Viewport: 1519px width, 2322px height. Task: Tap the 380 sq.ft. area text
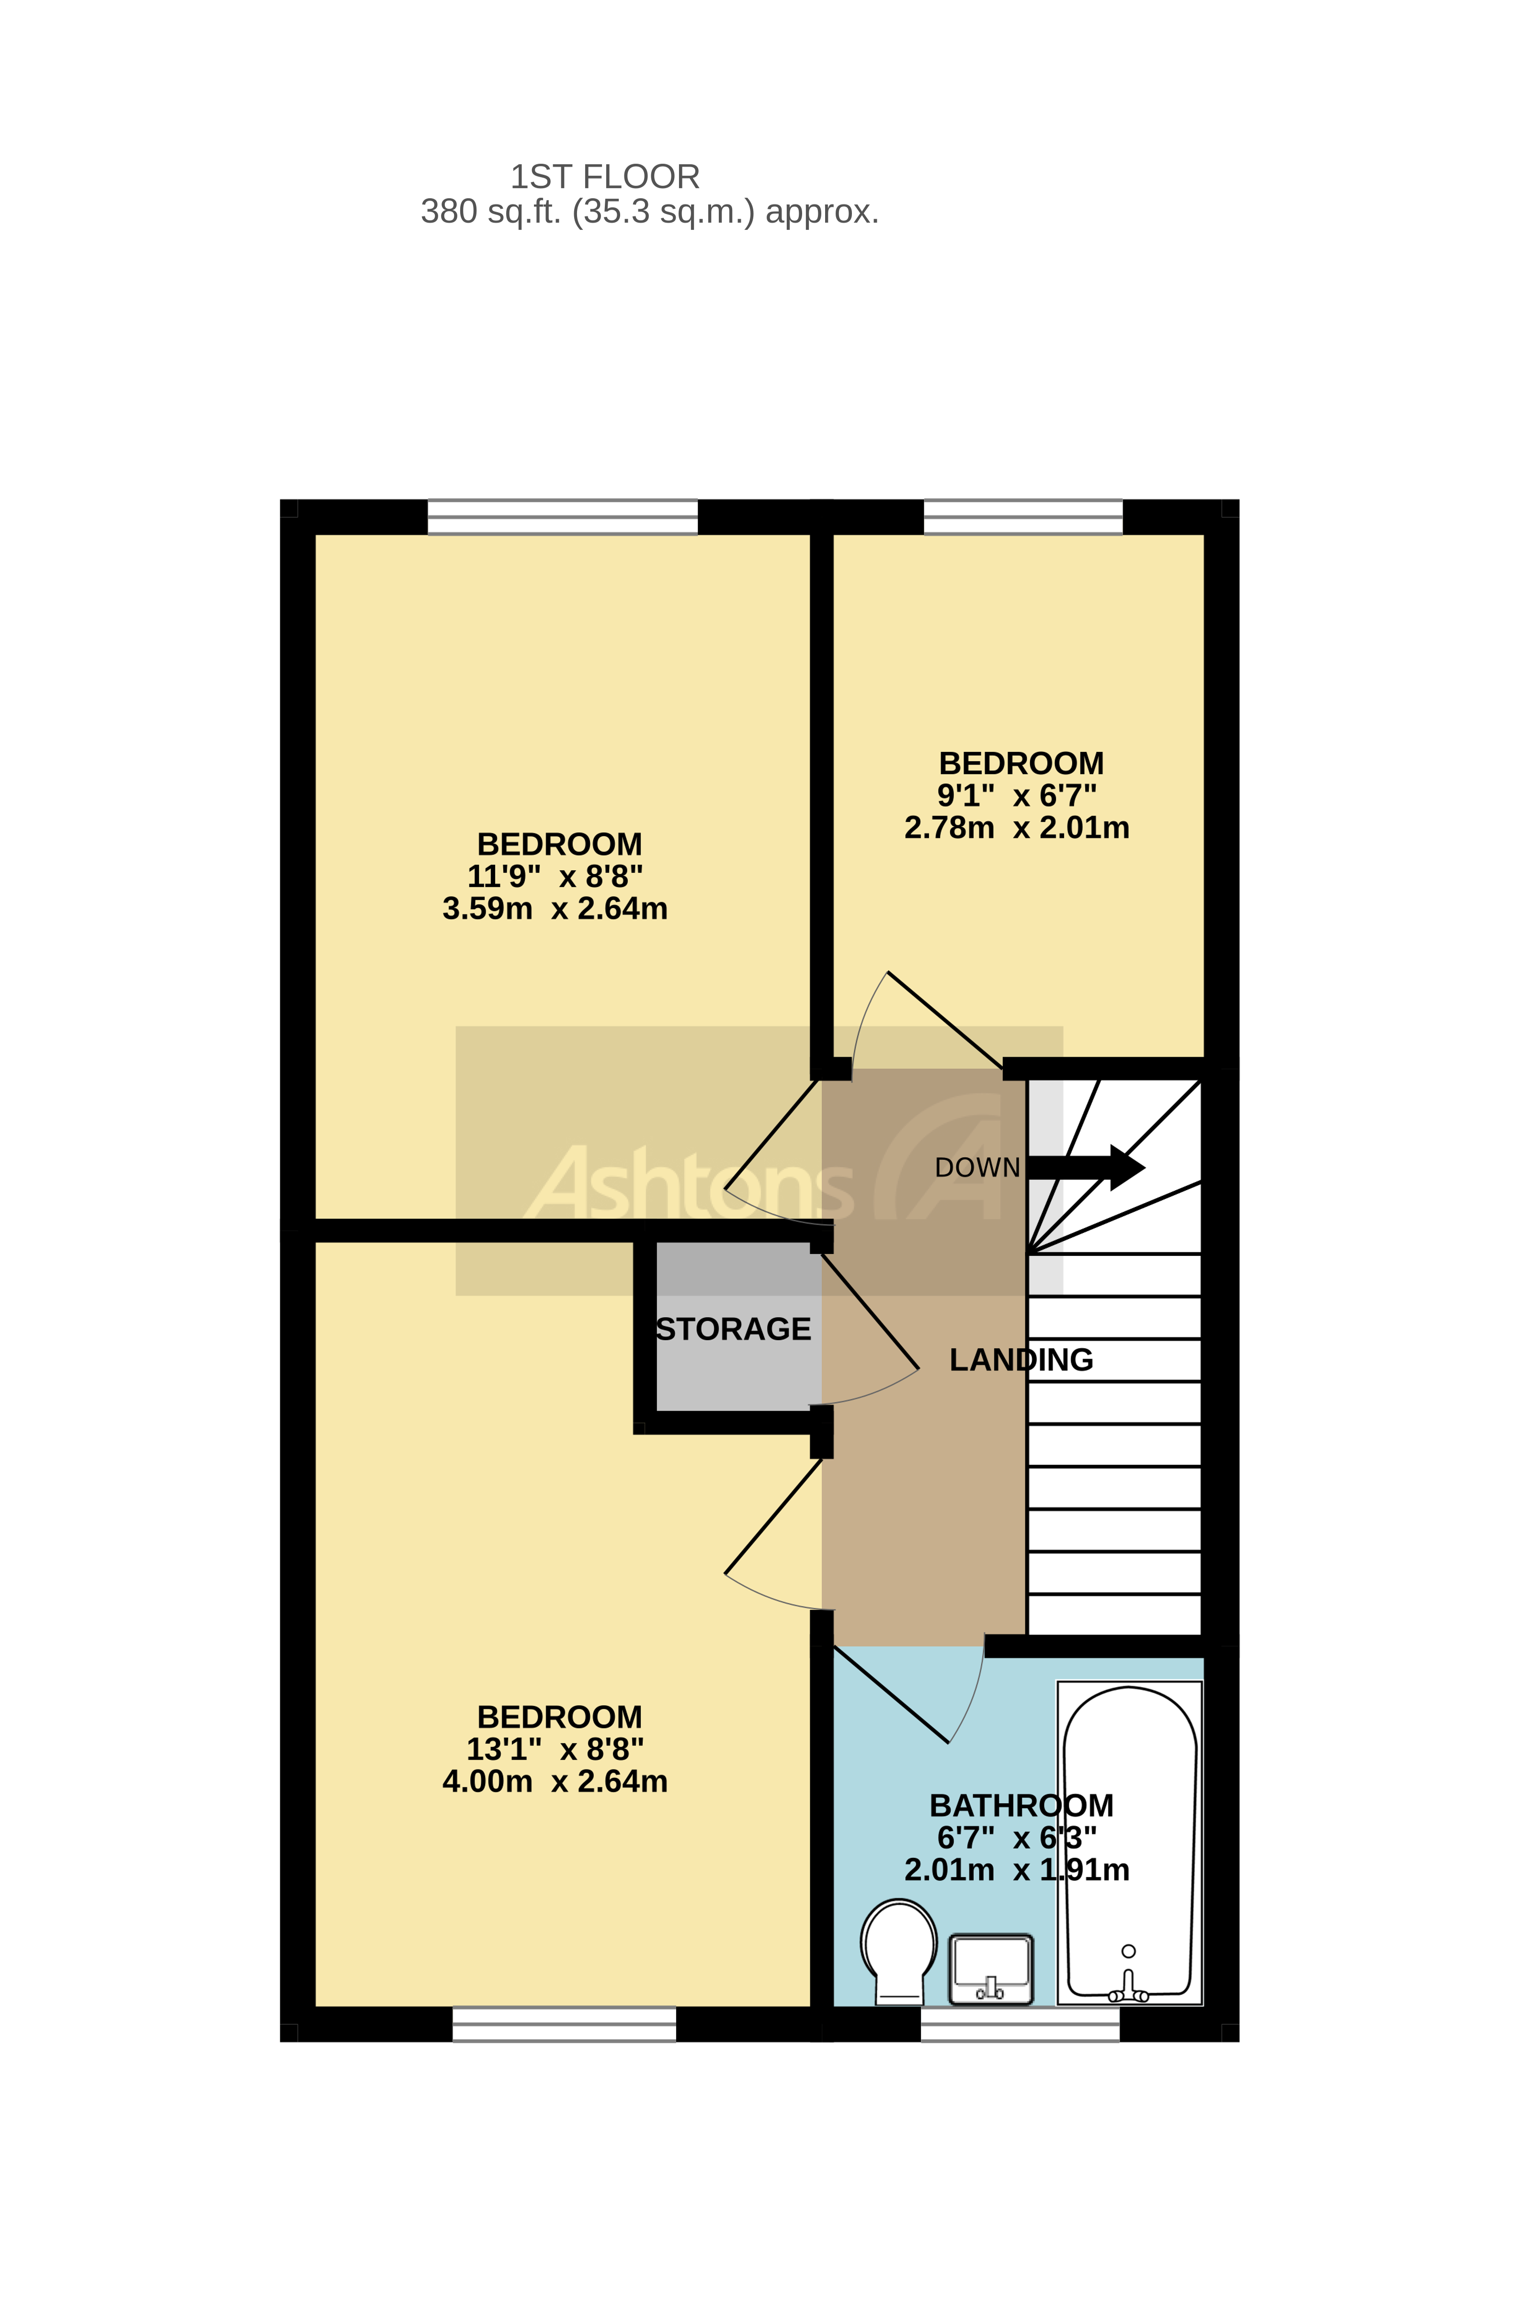[649, 212]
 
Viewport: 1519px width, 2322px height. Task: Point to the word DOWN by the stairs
[976, 1168]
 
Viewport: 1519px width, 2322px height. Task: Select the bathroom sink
[990, 1969]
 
